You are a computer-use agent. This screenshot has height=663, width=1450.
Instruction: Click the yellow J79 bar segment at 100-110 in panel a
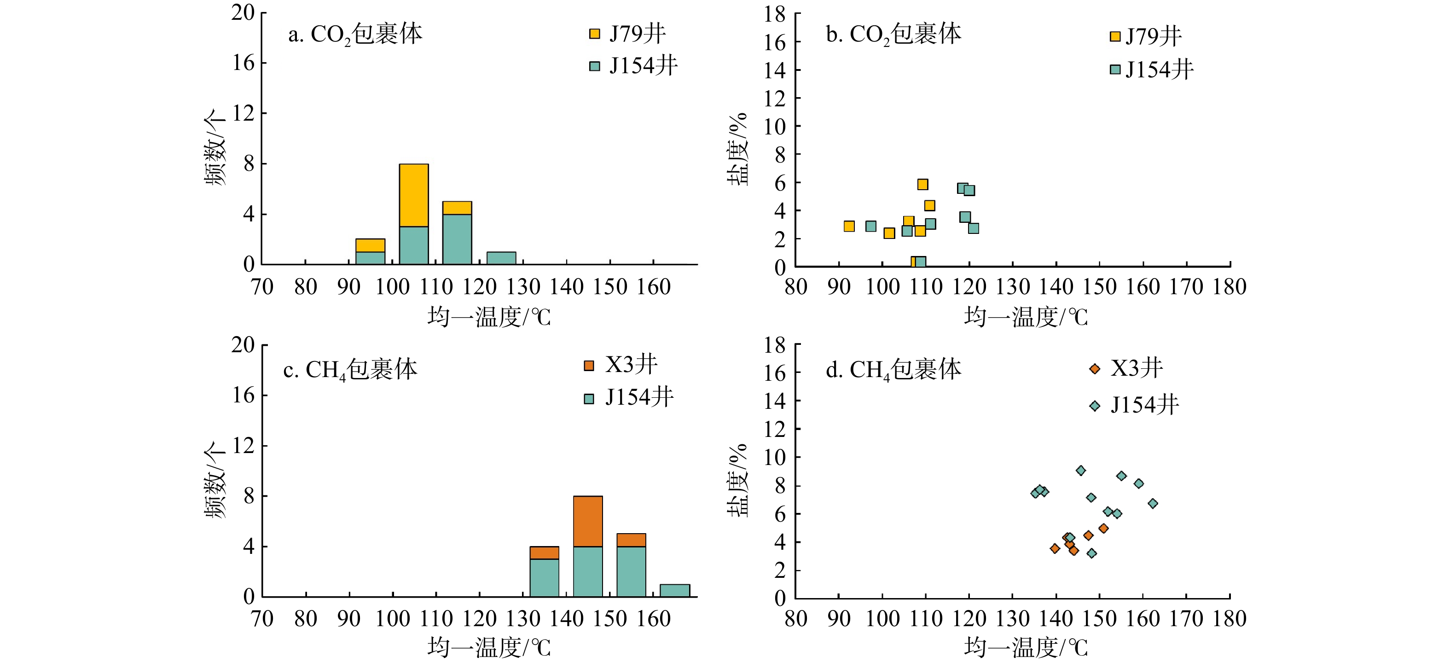pos(414,195)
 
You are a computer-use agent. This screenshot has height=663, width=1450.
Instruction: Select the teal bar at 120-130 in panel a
pos(501,258)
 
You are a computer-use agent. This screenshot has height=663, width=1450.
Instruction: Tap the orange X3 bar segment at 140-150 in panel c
pos(588,521)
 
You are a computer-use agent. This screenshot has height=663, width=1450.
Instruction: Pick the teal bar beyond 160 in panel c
pos(674,590)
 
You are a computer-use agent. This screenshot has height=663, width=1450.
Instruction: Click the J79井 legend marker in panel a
pos(594,34)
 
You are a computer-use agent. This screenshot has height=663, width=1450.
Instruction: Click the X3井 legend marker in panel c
pos(589,366)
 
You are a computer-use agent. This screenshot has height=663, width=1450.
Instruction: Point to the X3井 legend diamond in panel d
pos(1095,369)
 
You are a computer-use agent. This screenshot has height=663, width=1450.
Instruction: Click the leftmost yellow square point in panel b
pos(849,226)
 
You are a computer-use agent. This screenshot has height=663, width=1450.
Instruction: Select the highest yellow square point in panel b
pos(922,185)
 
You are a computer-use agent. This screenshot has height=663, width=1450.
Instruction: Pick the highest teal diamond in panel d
pos(1081,471)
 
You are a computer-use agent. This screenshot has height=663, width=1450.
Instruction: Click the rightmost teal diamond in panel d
pos(1153,504)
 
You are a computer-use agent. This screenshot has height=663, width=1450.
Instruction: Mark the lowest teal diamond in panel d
pos(1091,553)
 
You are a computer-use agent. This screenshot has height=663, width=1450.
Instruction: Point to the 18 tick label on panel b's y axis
pos(775,15)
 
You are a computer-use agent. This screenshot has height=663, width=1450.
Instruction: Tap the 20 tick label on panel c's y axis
pos(243,345)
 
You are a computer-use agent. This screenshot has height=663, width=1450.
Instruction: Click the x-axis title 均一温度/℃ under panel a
pos(488,317)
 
